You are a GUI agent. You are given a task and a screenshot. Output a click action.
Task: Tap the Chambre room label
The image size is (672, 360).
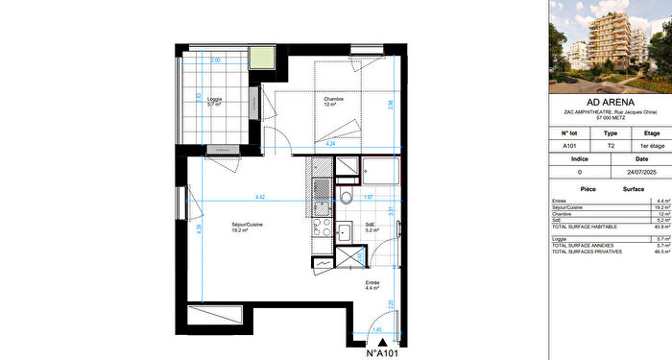pyautogui.click(x=331, y=101)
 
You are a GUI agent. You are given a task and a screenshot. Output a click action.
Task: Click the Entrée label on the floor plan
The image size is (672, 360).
pyautogui.click(x=372, y=285)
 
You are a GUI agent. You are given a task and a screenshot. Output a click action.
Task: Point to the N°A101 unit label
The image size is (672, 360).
pyautogui.click(x=383, y=352)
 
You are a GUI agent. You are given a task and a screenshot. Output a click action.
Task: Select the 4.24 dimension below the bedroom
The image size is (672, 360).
pyautogui.click(x=331, y=143)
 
